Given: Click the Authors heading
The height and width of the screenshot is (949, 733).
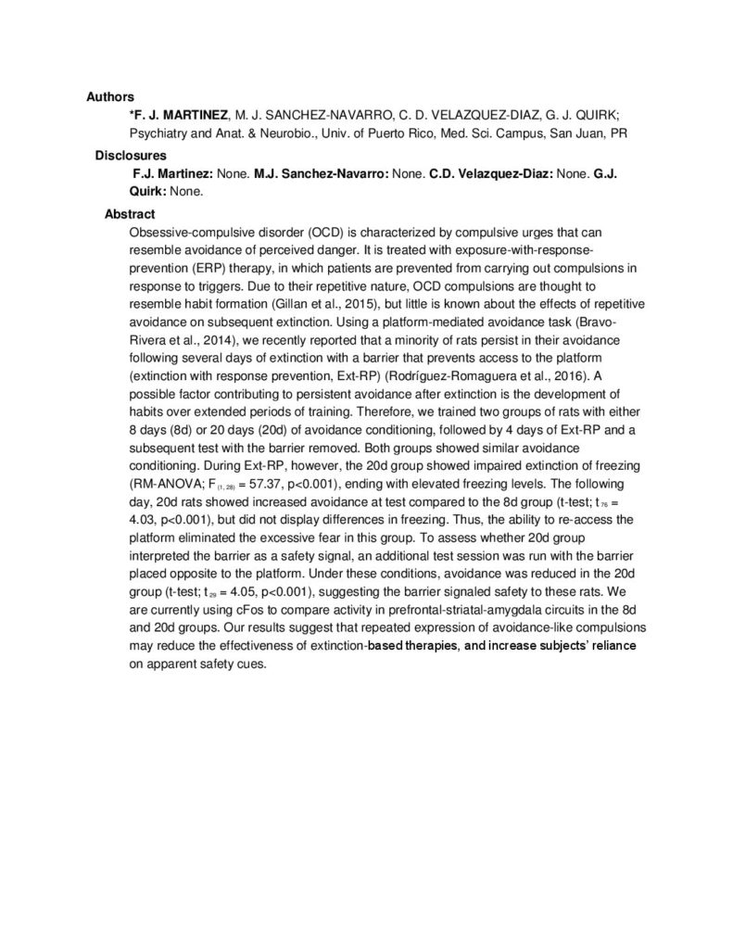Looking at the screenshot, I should point(110,96).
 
